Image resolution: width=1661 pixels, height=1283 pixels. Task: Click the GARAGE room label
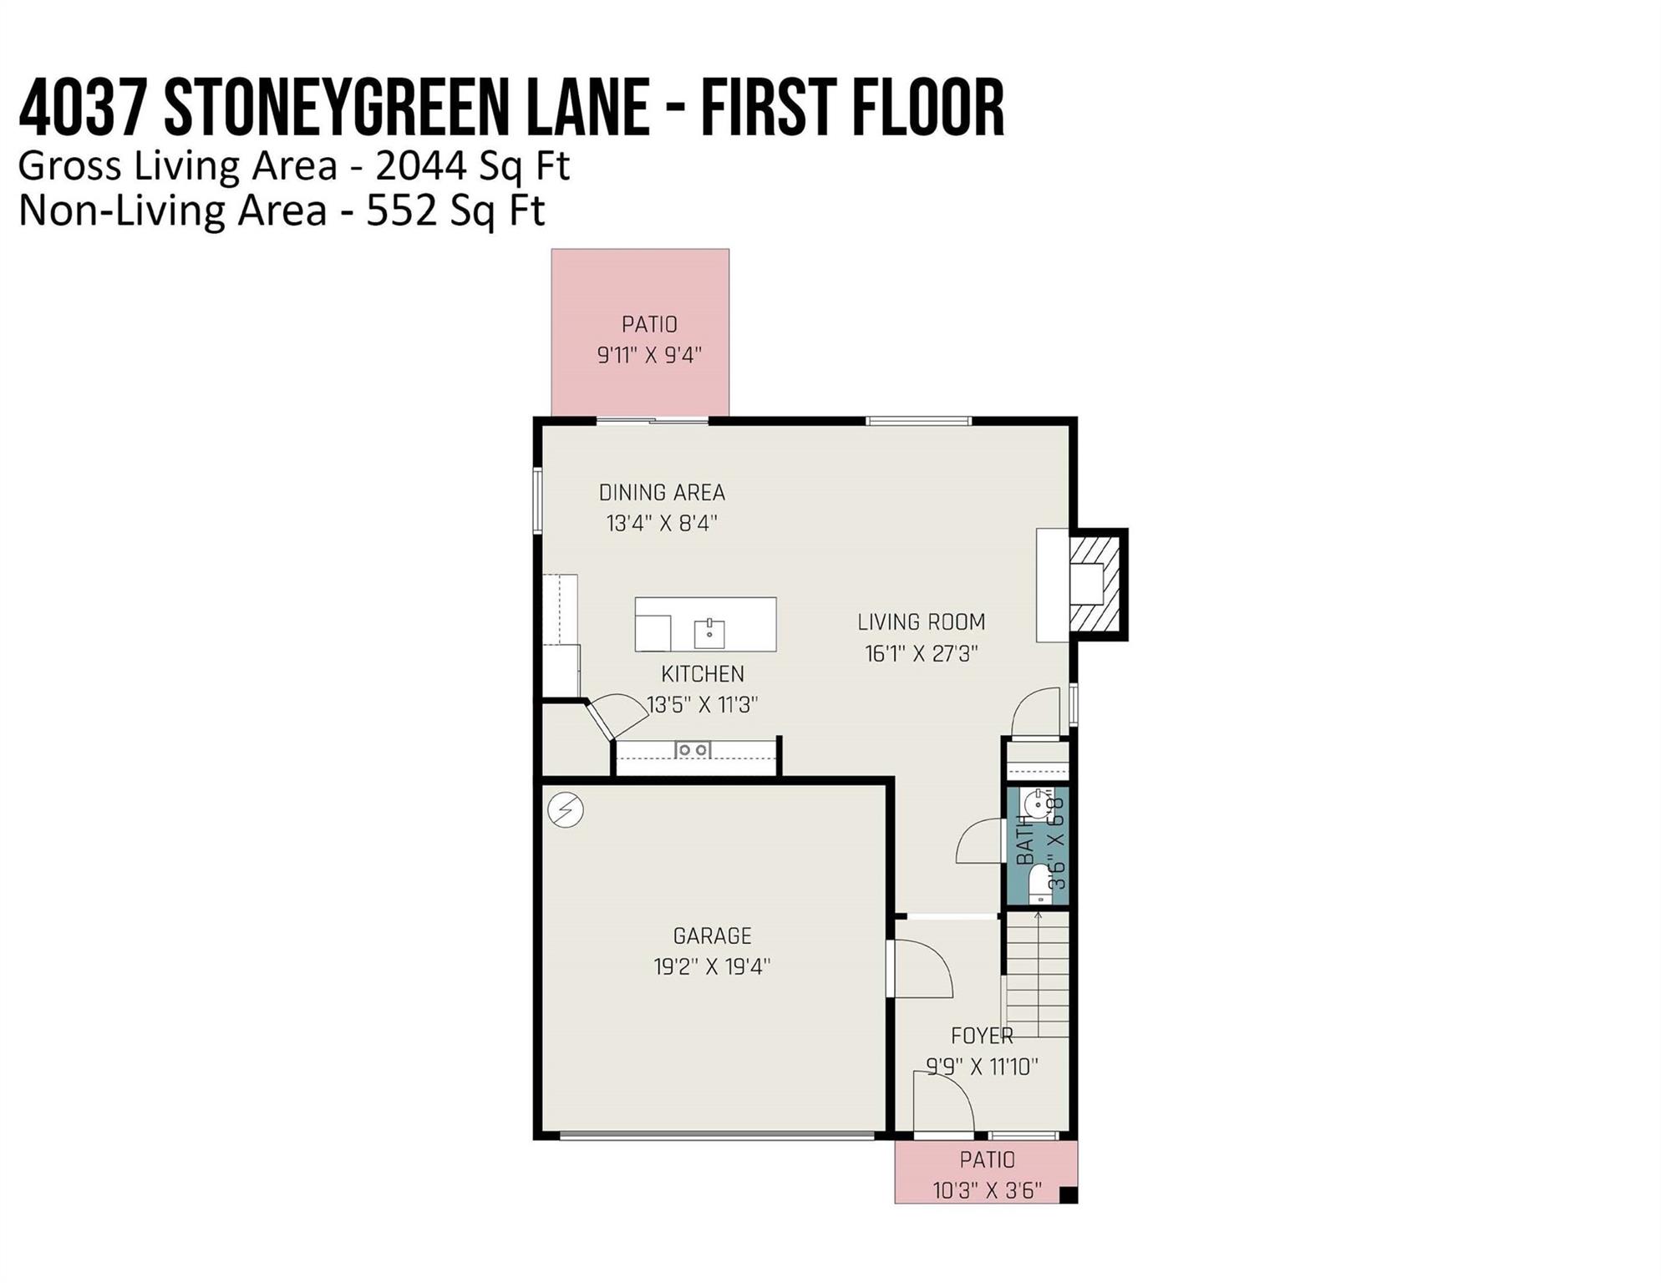pos(713,936)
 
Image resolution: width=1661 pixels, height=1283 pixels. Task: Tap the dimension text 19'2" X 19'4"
pos(712,966)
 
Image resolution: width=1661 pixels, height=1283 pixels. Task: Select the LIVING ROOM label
pos(922,622)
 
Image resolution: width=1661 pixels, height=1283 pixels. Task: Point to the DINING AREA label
pos(662,493)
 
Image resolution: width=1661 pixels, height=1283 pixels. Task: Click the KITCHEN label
pos(703,674)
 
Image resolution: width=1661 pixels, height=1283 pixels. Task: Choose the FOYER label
pos(982,1036)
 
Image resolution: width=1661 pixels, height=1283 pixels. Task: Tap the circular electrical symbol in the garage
pos(566,809)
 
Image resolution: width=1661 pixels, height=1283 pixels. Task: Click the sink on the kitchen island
pos(709,633)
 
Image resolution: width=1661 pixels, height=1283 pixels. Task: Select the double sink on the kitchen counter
pos(693,750)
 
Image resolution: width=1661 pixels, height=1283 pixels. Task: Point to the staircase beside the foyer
pos(1037,975)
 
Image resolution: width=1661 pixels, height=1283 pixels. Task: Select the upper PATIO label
pos(649,324)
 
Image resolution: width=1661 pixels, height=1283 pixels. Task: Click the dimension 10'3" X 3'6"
pos(988,1190)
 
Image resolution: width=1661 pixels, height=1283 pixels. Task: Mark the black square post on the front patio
pos(1068,1194)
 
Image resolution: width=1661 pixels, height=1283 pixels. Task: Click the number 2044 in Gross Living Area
pos(420,166)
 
